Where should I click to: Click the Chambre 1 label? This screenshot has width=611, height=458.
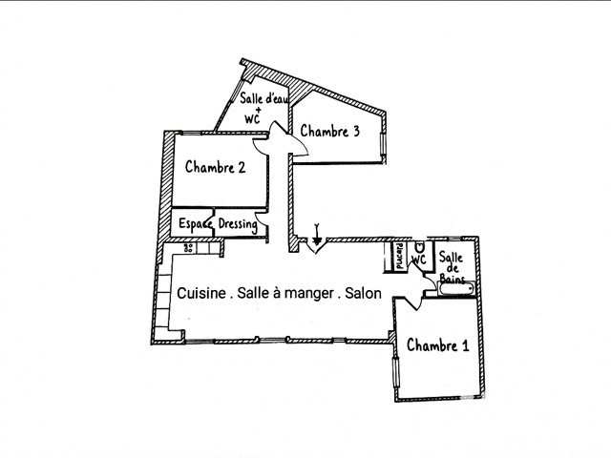437,345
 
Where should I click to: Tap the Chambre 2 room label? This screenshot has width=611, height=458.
215,167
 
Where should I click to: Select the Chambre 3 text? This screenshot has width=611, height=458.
329,132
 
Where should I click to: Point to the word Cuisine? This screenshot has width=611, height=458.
201,293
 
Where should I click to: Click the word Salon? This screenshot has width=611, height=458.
363,293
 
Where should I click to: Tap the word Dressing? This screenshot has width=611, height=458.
238,224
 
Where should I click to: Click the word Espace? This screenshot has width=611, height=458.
196,225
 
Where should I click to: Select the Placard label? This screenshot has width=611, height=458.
399,257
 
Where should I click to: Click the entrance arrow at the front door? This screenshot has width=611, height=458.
317,235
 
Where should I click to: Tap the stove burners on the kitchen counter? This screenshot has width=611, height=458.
189,248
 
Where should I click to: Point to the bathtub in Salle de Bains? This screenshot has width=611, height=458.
456,289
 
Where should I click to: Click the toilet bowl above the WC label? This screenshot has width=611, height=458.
420,247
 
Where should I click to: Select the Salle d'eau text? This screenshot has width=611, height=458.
263,98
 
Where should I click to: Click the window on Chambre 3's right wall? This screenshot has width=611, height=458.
383,144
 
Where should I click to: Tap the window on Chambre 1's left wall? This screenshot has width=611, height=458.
396,373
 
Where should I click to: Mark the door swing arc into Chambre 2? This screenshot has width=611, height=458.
261,147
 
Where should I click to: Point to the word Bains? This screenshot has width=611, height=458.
452,279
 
